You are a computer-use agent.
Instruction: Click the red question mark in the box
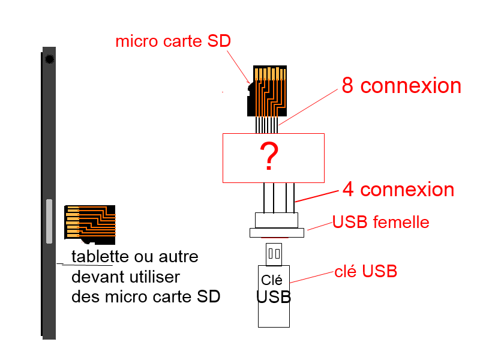(x=271, y=157)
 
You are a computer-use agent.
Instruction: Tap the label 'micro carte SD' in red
(x=173, y=41)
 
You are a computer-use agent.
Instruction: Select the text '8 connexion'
(x=401, y=86)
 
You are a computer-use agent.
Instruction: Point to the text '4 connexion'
(x=398, y=190)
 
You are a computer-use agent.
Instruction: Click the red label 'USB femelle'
(x=381, y=223)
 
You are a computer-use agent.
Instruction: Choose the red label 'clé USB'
(x=366, y=272)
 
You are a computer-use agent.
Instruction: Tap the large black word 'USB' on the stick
(x=274, y=296)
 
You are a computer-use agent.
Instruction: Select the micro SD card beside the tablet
(x=90, y=223)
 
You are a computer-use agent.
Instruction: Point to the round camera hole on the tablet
(x=49, y=59)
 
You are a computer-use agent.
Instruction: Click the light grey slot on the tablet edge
(x=49, y=221)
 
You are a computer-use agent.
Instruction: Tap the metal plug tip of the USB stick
(x=274, y=254)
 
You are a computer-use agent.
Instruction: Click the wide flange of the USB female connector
(x=277, y=232)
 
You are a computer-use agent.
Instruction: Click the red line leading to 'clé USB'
(x=313, y=277)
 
